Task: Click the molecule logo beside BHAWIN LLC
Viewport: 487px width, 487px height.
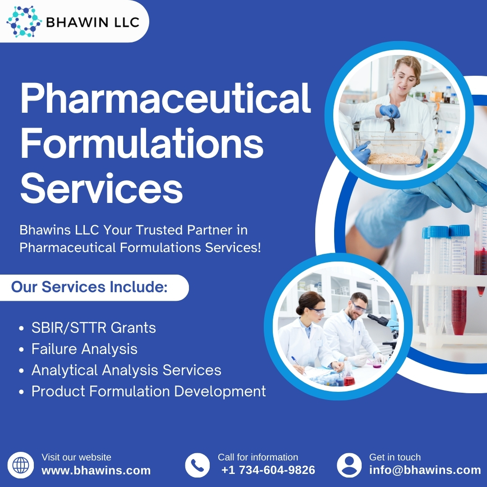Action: click(24, 21)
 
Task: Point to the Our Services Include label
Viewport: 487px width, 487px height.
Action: click(89, 287)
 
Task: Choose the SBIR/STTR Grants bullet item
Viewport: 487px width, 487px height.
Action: click(93, 328)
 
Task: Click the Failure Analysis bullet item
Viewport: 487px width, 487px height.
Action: click(84, 349)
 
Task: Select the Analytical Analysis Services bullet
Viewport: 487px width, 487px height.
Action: click(126, 370)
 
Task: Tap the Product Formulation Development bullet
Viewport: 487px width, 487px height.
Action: click(148, 391)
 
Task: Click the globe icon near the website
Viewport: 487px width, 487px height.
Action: click(20, 465)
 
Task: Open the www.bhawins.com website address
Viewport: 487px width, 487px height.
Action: click(96, 471)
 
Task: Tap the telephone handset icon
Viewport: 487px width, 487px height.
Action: click(197, 465)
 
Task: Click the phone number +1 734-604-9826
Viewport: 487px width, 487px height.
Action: click(268, 470)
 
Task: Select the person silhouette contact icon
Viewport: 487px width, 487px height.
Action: click(349, 465)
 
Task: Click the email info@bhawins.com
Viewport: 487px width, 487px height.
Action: click(425, 470)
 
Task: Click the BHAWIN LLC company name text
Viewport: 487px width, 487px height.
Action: click(93, 22)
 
